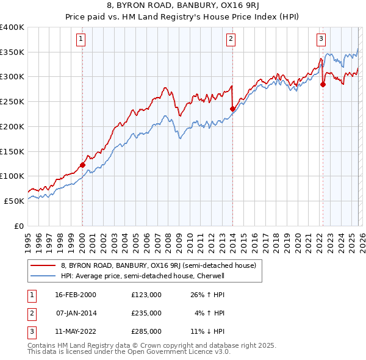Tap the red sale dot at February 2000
coord(82,164)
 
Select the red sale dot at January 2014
coord(232,109)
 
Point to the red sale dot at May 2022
coord(323,84)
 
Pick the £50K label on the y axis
coord(14,200)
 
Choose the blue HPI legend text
coord(143,276)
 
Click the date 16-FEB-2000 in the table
coord(75,294)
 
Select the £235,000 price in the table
coord(146,313)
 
